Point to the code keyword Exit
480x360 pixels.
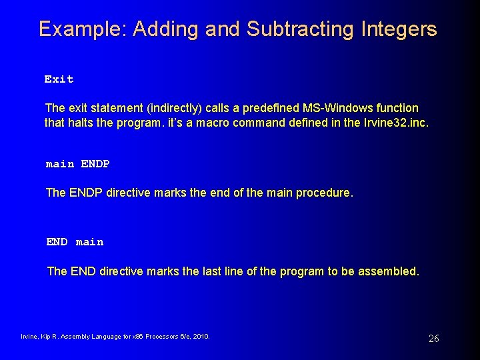(x=59, y=79)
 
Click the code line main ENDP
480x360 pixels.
(x=77, y=164)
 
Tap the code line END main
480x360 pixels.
(x=75, y=242)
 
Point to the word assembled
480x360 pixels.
(x=389, y=271)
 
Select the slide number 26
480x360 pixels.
(x=433, y=339)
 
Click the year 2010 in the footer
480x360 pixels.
(x=201, y=337)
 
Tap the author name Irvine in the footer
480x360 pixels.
(x=31, y=337)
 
